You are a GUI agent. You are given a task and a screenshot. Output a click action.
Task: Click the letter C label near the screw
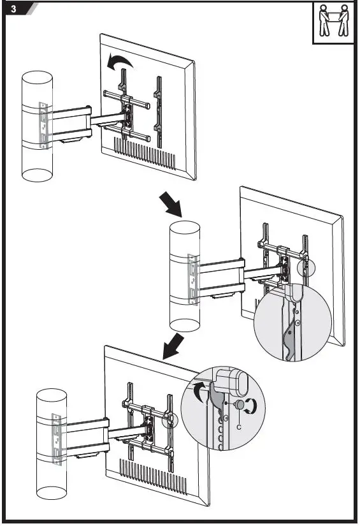pos(238,426)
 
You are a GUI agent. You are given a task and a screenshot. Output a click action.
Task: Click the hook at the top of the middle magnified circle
pos(294,293)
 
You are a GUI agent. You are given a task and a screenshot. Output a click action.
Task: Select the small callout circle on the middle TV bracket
pos(305,266)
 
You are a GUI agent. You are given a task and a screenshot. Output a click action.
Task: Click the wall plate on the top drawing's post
pos(42,124)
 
